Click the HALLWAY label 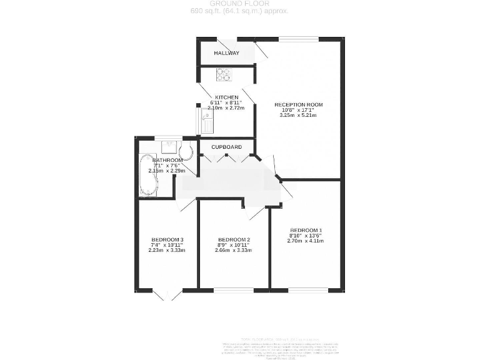coord(226,53)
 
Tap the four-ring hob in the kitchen coord(224,75)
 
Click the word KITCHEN coord(226,97)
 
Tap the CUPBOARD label coord(226,147)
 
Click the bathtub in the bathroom coord(149,175)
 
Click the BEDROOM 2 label coord(234,239)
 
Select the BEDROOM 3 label coord(167,239)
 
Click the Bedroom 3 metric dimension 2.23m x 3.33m coord(167,250)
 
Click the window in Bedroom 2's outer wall coord(234,290)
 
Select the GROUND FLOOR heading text coord(239,4)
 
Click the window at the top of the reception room coord(298,39)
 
